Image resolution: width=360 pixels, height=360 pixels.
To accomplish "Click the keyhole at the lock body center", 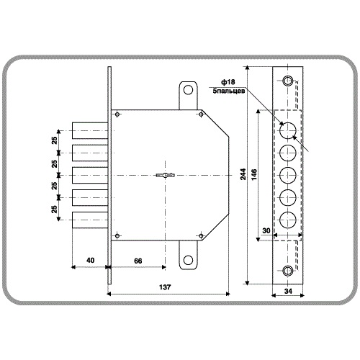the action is point(166,175).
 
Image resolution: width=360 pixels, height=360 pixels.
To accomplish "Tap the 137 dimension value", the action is point(165,287).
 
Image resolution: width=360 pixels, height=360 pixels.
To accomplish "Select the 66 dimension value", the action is point(138,261).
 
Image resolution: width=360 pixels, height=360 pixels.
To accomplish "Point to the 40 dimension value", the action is point(90,261).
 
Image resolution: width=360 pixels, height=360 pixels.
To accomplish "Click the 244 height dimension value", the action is point(243,174).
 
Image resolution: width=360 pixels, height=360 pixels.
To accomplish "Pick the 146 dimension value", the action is point(254,174).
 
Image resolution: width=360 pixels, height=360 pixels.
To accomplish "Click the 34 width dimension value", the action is point(288,291).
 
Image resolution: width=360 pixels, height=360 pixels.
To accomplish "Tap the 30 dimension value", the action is point(266,230).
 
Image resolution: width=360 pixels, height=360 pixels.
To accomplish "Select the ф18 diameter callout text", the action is point(228,82).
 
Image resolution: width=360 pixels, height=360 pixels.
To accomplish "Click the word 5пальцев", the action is point(229,91).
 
